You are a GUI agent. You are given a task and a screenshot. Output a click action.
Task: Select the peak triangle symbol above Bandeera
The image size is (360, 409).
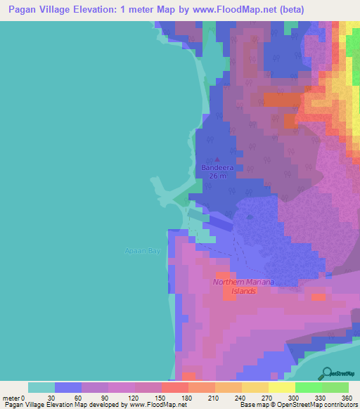(x=217, y=160)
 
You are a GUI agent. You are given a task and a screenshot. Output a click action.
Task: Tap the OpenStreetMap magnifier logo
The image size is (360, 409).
(x=326, y=372)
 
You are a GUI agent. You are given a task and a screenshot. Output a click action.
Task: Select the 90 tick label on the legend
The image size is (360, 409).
(x=108, y=397)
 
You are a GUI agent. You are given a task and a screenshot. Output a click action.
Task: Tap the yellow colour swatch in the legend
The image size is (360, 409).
(x=281, y=387)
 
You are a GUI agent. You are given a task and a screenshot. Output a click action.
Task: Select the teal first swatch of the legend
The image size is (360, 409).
(x=41, y=387)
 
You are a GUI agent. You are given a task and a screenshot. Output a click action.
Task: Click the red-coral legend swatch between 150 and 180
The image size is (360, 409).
(x=174, y=387)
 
